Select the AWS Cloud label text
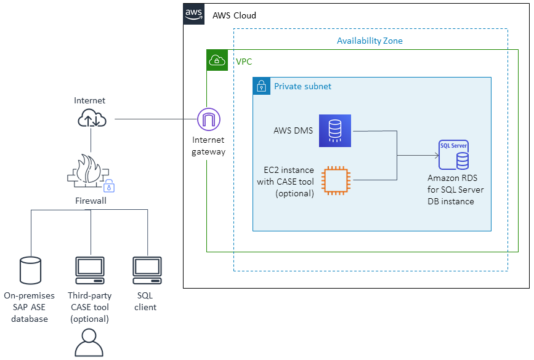234,15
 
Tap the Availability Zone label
370,41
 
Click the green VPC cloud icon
217,60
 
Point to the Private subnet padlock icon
261,86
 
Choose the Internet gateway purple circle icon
208,118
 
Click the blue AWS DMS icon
334,130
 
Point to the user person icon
90,343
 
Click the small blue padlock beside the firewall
109,186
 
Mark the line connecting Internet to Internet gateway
154,119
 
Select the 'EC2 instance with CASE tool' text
285,182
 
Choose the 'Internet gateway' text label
208,146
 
